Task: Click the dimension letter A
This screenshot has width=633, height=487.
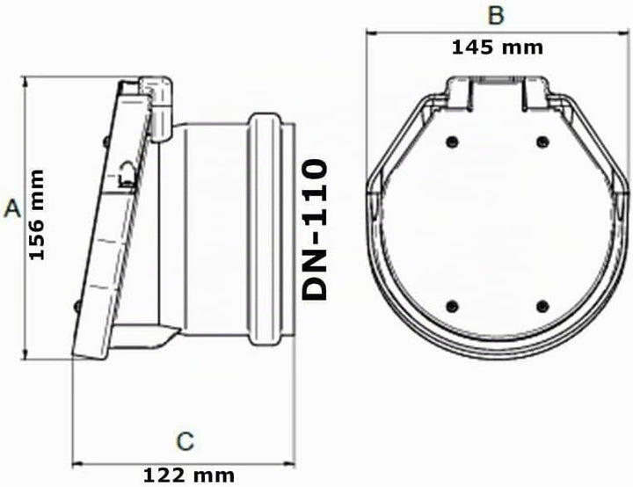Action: click(12, 208)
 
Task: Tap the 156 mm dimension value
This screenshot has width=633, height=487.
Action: click(37, 214)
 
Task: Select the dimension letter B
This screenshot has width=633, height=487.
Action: click(496, 15)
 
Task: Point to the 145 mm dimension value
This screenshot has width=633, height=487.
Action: click(498, 47)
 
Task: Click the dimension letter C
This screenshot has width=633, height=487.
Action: click(186, 441)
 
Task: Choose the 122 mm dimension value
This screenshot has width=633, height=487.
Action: click(189, 476)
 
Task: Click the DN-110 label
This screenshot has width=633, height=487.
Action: click(315, 229)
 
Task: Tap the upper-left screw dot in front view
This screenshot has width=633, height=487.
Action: click(452, 142)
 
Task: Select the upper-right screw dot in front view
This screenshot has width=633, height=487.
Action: click(542, 142)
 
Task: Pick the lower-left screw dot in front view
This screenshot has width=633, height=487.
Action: click(452, 306)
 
